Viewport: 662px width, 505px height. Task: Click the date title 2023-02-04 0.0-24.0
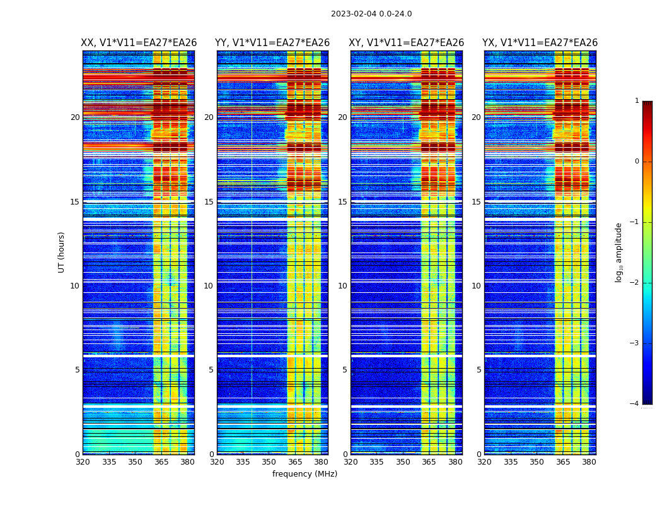tap(371, 14)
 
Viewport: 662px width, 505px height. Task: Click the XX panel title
tap(139, 43)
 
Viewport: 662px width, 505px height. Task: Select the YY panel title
tap(272, 43)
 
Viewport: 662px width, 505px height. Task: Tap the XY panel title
tap(407, 43)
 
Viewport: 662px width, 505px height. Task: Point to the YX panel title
tap(540, 43)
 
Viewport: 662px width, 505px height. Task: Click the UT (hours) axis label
tap(62, 252)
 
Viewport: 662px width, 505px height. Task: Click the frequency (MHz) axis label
tap(305, 474)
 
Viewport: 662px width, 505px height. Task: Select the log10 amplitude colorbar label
tap(618, 252)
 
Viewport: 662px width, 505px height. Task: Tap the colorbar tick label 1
tap(637, 101)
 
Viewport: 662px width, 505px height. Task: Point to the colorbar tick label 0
tap(637, 162)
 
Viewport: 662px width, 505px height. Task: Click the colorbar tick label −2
tap(636, 283)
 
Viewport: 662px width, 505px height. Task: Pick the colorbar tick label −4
tap(636, 404)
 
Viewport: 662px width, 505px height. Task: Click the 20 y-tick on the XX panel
tap(75, 117)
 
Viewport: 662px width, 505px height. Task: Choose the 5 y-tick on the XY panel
tap(345, 370)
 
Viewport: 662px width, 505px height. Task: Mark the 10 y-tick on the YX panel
tap(477, 286)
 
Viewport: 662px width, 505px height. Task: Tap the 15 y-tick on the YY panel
tap(209, 202)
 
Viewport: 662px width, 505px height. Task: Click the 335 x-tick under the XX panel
tap(109, 462)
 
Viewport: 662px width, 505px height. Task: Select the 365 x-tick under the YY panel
tap(296, 462)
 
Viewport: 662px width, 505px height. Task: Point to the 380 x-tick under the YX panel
tap(589, 462)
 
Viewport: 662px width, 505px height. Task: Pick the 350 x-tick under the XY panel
tap(403, 462)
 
